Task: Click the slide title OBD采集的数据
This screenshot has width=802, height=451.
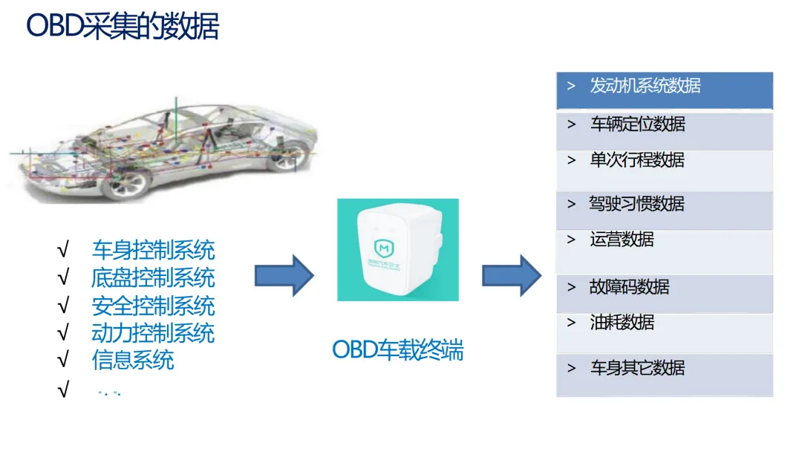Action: (x=123, y=27)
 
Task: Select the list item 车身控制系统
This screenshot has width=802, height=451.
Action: (x=153, y=249)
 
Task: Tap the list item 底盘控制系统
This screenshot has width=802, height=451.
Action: (x=153, y=277)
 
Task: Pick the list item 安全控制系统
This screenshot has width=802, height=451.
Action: (x=153, y=306)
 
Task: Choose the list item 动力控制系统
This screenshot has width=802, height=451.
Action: (x=153, y=332)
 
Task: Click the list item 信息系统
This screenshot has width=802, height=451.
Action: (x=133, y=360)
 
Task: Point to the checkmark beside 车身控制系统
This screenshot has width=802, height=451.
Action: (x=63, y=249)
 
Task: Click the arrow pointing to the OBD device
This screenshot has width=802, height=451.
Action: (x=284, y=275)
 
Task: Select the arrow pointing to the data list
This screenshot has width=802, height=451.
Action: (x=512, y=275)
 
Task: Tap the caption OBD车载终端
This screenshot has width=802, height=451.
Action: (x=397, y=349)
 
